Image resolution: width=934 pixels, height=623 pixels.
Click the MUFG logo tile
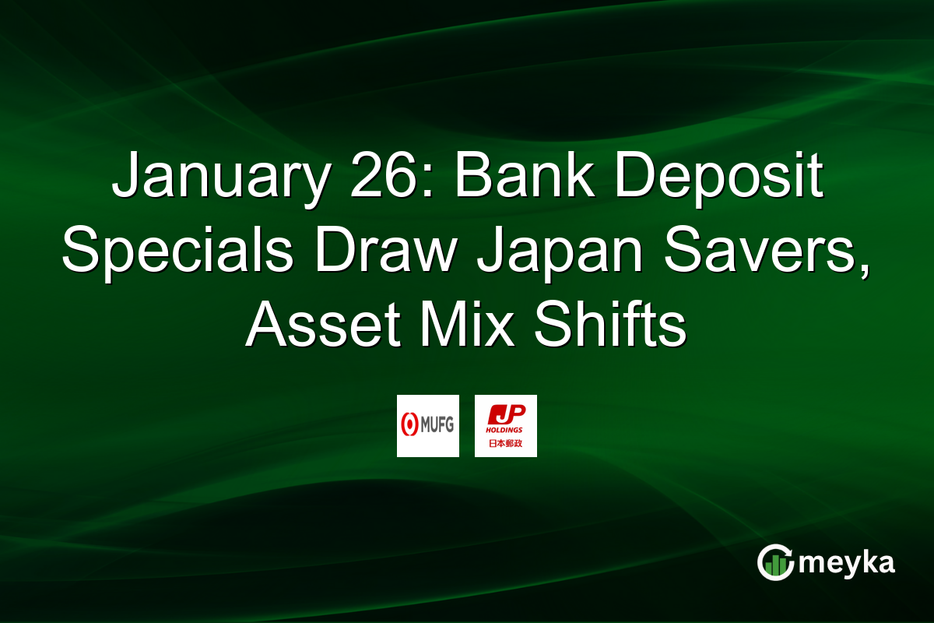pyautogui.click(x=428, y=426)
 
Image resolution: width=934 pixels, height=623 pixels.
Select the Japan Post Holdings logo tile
pyautogui.click(x=506, y=426)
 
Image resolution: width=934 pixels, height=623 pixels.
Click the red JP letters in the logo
pyautogui.click(x=506, y=415)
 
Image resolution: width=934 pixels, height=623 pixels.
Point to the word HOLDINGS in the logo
pyautogui.click(x=506, y=430)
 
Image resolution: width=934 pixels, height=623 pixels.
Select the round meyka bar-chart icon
pyautogui.click(x=775, y=562)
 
